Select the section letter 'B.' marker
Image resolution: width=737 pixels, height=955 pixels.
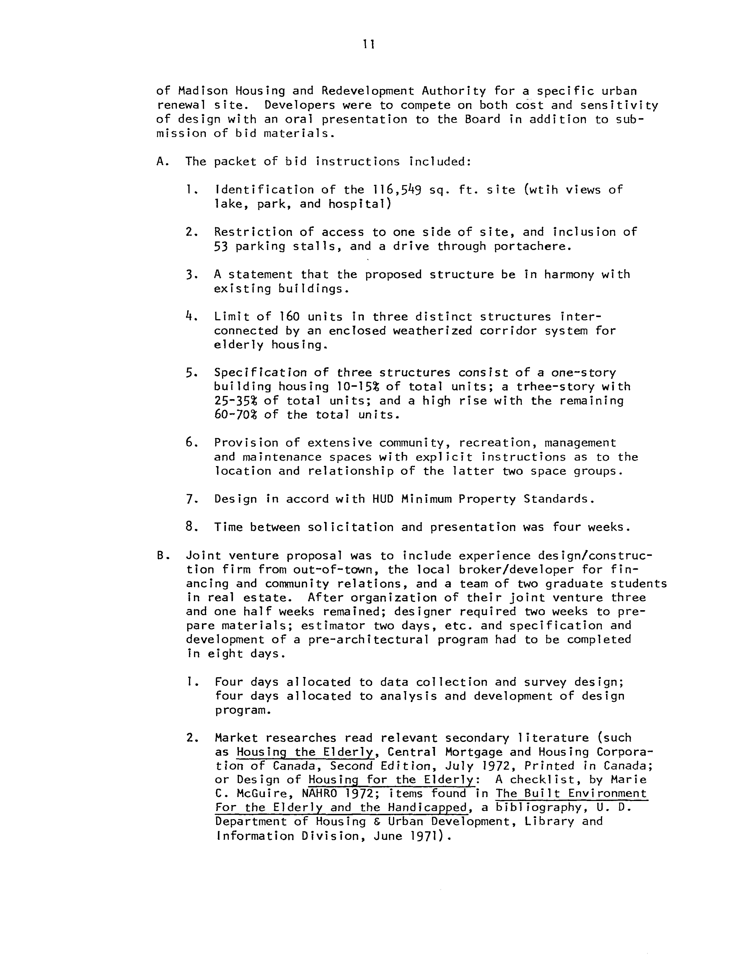[x=162, y=556]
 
